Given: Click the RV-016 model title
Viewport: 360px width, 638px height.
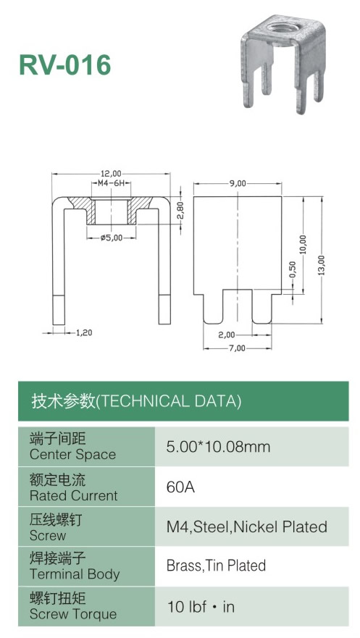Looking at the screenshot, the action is tap(65, 64).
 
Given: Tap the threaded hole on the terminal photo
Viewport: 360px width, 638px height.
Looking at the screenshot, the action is tap(283, 28).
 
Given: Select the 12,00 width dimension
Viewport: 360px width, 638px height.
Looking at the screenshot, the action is tap(111, 174).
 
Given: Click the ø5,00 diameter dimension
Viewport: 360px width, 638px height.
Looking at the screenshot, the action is tap(112, 238).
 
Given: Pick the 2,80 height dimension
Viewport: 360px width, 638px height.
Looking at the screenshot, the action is tap(181, 210).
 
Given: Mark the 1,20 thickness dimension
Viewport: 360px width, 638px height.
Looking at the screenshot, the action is tap(84, 333).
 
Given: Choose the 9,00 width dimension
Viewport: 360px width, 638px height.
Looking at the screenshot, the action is tap(238, 183).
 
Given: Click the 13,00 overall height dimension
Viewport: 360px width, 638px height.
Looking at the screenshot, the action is tap(322, 265).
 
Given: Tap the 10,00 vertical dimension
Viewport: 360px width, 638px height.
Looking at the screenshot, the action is tap(303, 245).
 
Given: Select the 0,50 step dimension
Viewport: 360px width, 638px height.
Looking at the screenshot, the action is tap(293, 269).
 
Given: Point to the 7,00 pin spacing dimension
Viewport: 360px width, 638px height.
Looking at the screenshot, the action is tap(237, 348).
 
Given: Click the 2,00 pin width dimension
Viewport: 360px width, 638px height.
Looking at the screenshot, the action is tap(227, 335).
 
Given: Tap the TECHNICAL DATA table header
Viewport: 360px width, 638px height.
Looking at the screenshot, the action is tap(136, 401).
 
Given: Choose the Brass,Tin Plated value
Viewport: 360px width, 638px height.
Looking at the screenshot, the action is tap(216, 566).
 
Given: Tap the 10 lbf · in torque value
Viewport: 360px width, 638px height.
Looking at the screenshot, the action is tap(201, 607).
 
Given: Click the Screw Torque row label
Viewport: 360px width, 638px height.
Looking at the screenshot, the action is tap(73, 614).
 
